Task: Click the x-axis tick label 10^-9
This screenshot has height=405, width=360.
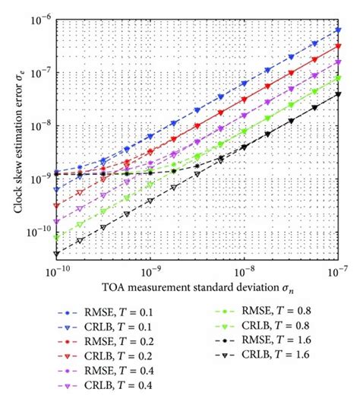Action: click(150, 271)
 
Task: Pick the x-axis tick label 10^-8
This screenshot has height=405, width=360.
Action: click(244, 271)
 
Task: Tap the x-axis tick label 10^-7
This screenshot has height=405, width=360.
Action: click(337, 271)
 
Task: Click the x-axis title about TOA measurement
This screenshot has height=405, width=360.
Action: click(195, 289)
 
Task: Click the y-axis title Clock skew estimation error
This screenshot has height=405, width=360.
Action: click(11, 141)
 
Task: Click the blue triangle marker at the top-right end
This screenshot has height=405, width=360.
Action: click(338, 30)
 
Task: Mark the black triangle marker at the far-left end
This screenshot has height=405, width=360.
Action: click(57, 254)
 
